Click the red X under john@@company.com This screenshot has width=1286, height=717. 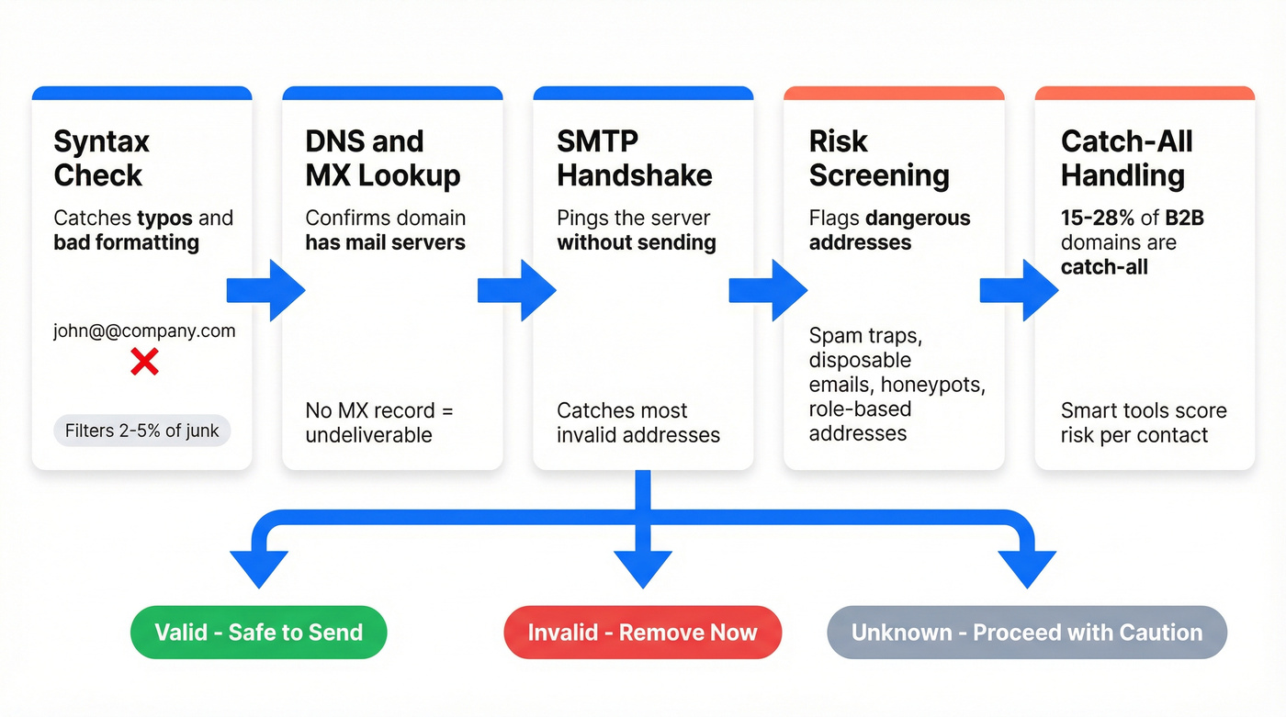144,362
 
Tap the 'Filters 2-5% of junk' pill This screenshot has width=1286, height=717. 142,431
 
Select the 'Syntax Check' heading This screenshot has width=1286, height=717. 101,158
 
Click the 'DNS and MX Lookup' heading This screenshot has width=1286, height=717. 382,158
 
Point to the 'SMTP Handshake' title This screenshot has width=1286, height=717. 634,158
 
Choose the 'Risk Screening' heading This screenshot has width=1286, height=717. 878,158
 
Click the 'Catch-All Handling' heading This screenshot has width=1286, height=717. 1126,158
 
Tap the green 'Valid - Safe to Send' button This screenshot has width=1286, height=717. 258,633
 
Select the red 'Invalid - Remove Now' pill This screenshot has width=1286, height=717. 642,633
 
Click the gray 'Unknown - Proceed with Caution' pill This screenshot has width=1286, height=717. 1026,633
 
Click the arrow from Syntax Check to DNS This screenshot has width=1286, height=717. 267,290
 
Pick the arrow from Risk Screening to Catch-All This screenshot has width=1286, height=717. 1021,290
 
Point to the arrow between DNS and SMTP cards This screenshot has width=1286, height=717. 518,290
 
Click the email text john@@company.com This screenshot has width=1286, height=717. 144,331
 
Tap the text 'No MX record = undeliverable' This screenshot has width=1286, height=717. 379,422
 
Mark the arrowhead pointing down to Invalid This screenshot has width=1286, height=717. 642,568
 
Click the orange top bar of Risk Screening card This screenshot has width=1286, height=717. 893,94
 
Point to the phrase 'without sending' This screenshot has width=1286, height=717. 636,242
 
